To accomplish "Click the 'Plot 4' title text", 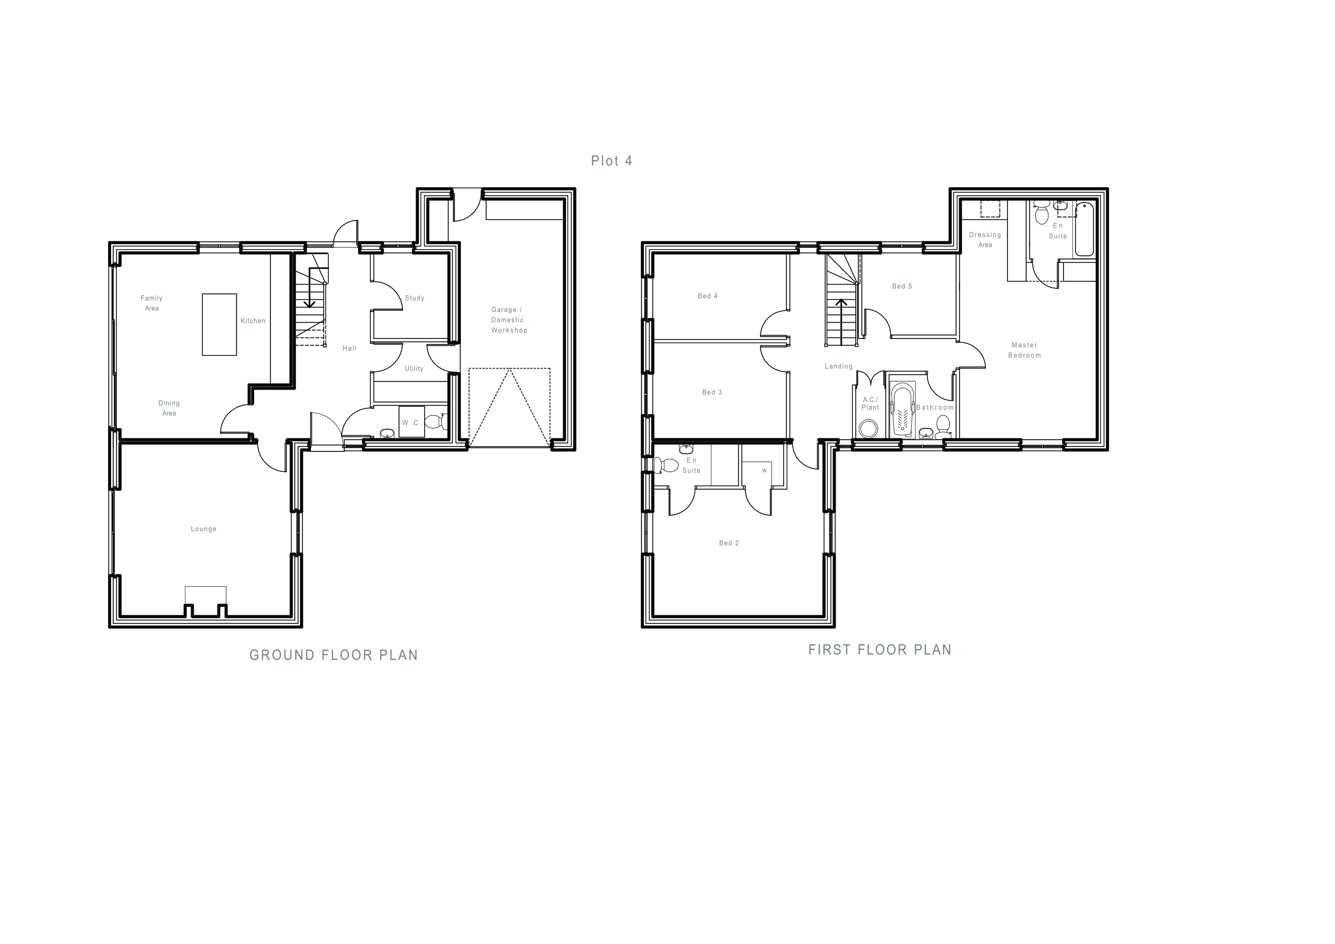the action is coord(611,161).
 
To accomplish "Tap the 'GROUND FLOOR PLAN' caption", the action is coord(334,655).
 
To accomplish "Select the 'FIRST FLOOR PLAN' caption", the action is coord(880,650).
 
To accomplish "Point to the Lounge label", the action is coord(204,529).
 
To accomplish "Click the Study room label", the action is coord(414,298).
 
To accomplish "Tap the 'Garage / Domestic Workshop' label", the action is coord(509,320).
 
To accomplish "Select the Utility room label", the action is coord(414,369).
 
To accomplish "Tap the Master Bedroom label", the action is coord(1024,350).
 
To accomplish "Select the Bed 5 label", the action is coord(902,286).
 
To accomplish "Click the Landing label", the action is coord(838,366).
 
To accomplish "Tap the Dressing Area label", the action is coord(985,239).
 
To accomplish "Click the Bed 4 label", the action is coord(707,296).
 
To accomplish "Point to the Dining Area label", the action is coord(169,408).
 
